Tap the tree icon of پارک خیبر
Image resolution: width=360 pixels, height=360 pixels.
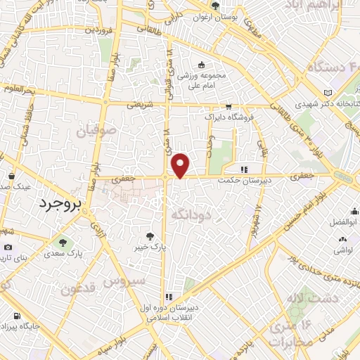pos(149,236)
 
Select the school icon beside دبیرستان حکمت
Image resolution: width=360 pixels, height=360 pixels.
pos(243,169)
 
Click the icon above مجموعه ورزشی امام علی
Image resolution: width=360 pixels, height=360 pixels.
pos(202,65)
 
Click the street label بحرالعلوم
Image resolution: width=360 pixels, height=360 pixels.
pos(18,89)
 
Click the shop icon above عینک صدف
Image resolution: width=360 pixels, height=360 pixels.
pos(12,176)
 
